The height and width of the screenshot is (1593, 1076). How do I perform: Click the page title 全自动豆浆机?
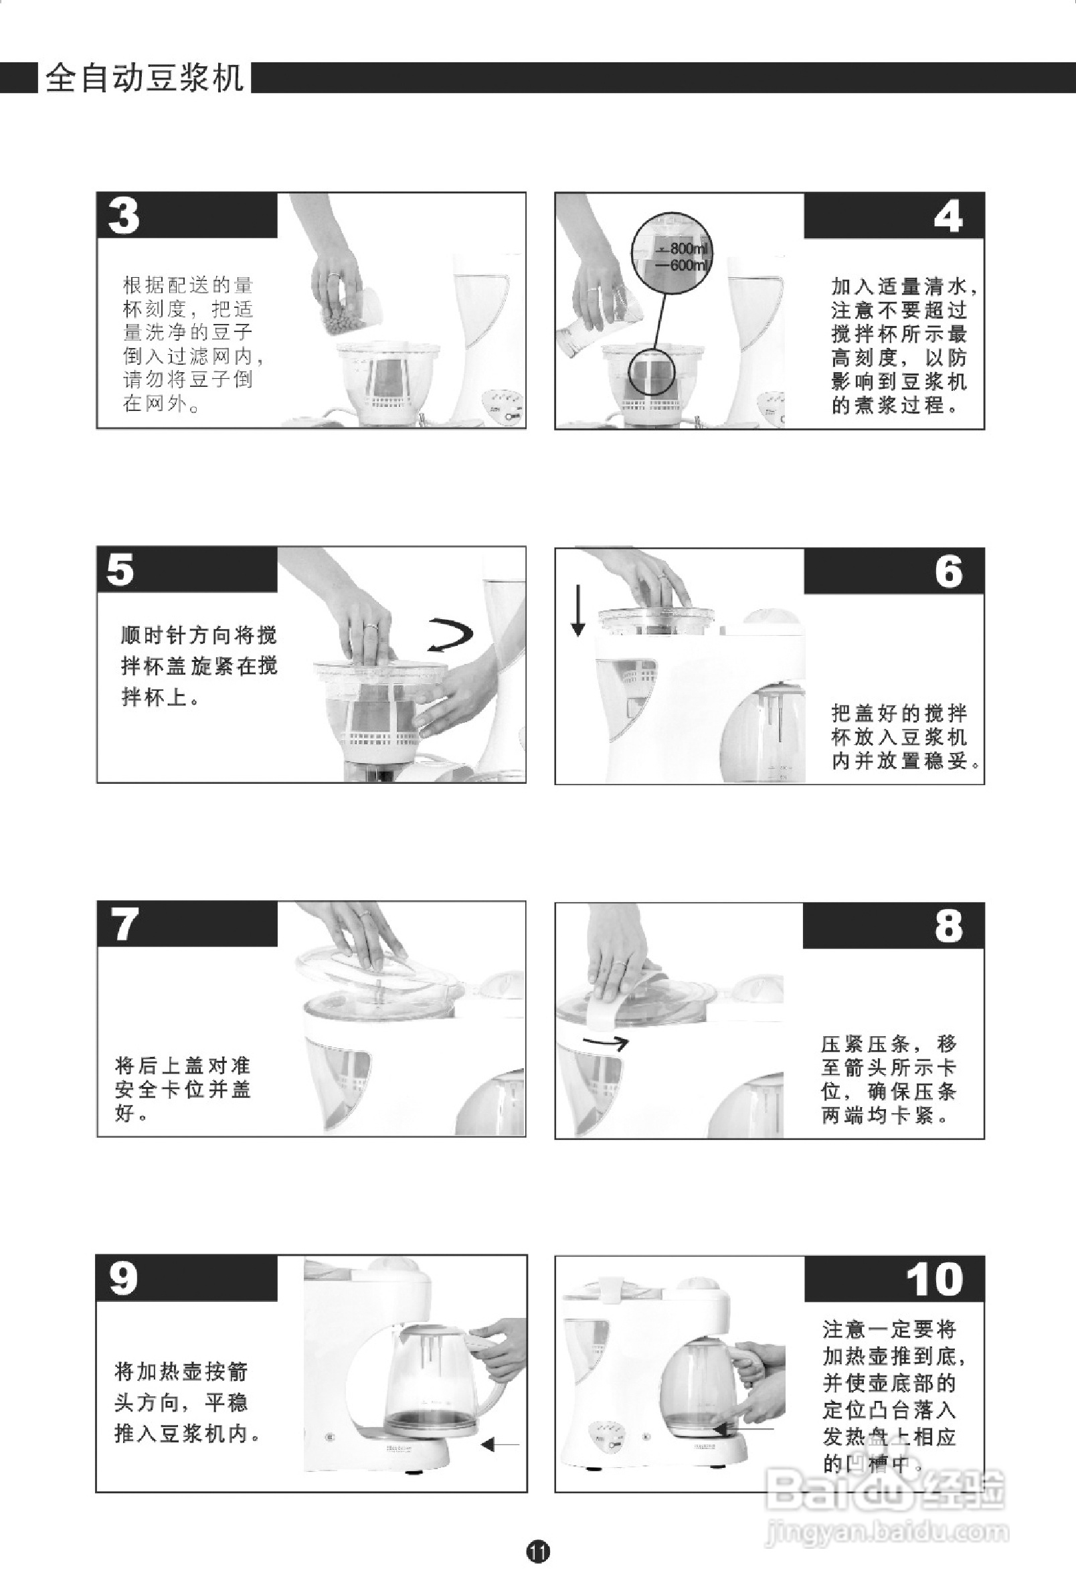point(144,78)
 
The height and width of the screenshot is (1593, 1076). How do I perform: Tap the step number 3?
point(124,216)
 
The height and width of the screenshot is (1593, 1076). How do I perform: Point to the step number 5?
point(120,570)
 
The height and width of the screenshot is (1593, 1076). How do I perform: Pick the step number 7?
point(124,924)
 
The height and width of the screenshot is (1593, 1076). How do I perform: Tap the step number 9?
point(123,1279)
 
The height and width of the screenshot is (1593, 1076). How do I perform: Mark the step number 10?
point(934,1280)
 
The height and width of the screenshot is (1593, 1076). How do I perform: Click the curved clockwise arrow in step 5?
point(450,635)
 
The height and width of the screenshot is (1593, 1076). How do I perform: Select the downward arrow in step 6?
point(578,610)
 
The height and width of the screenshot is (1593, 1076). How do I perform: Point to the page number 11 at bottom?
point(538,1552)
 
